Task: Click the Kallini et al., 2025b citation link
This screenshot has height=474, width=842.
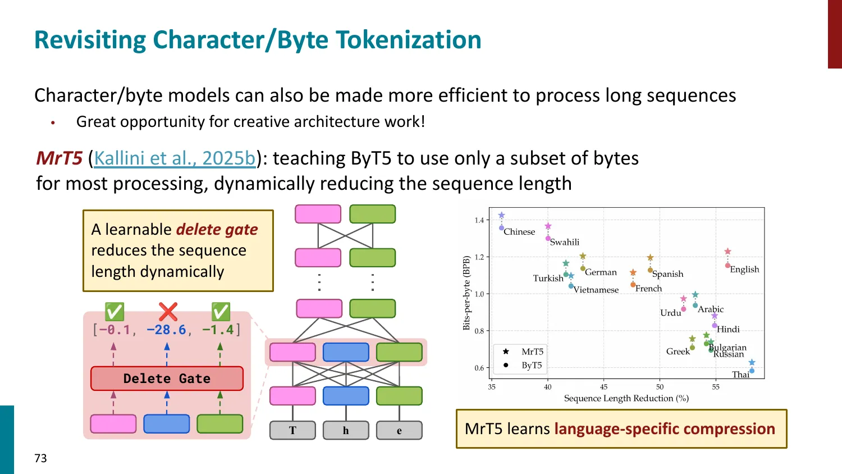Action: [x=175, y=158]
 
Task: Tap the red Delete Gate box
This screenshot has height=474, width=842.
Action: [x=167, y=379]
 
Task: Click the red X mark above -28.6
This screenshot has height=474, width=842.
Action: [x=167, y=312]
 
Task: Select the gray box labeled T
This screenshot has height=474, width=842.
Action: [x=292, y=430]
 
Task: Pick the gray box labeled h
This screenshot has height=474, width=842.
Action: [x=346, y=430]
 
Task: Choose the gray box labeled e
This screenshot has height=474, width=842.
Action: [x=399, y=430]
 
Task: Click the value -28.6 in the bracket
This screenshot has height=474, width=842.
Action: [x=166, y=330]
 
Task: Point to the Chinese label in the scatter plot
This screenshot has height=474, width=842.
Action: [x=519, y=231]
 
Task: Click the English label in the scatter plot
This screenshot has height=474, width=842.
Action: [x=744, y=270]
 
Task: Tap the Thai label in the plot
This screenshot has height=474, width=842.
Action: [x=740, y=375]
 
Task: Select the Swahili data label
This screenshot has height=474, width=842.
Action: [x=564, y=242]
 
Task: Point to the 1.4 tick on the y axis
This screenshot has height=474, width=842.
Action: [x=479, y=220]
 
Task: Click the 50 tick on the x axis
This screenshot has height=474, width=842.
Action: [x=660, y=386]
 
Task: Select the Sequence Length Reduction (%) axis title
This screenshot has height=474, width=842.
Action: [x=626, y=398]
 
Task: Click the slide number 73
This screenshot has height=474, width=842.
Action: [x=40, y=458]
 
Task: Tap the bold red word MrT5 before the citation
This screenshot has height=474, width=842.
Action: [x=59, y=158]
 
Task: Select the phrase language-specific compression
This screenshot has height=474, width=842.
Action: [x=665, y=429]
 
